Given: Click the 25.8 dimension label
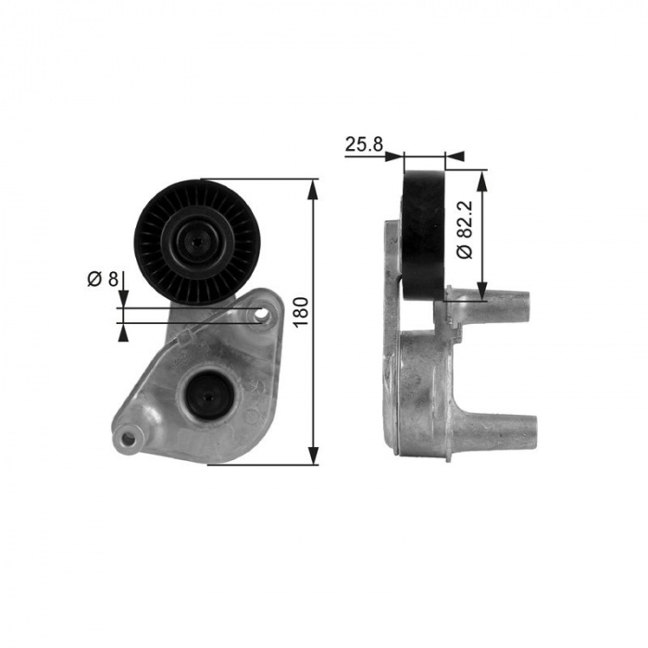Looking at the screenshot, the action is click(x=364, y=144).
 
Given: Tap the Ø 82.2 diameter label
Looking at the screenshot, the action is click(x=466, y=230).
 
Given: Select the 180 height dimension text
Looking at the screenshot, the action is click(x=301, y=312).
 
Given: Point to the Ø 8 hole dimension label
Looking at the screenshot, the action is click(x=103, y=279).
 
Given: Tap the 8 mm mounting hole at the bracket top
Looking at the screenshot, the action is click(x=261, y=315).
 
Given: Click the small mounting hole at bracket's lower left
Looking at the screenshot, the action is click(x=130, y=440).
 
